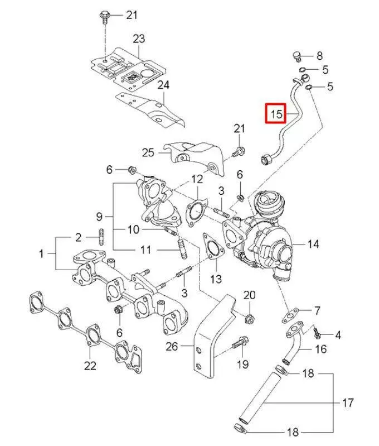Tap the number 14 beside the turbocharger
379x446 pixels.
click(x=313, y=244)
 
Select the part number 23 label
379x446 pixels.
click(x=138, y=39)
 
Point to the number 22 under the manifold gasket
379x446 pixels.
click(x=90, y=366)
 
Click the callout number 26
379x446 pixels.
click(x=171, y=347)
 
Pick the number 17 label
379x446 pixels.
click(x=348, y=402)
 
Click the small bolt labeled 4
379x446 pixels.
click(x=318, y=333)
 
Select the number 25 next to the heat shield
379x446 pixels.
click(x=147, y=152)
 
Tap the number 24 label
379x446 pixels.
click(x=163, y=85)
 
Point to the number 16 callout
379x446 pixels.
click(x=321, y=349)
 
